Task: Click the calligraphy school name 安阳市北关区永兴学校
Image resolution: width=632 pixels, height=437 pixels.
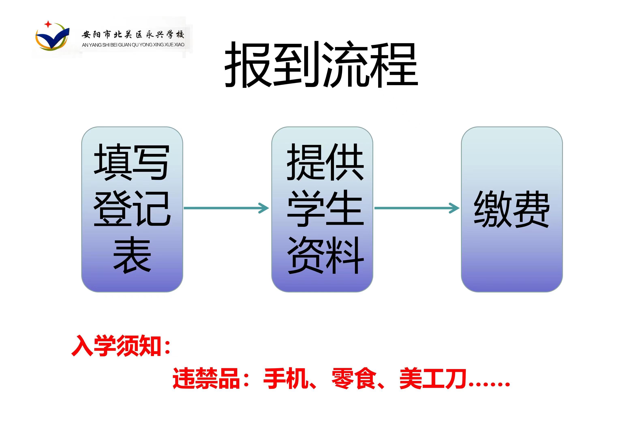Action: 133,35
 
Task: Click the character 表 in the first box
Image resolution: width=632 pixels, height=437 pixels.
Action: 132,255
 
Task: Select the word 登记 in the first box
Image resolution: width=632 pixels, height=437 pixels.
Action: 132,208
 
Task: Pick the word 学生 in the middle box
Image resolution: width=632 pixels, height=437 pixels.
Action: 325,208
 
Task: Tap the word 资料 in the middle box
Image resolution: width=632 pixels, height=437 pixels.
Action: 325,255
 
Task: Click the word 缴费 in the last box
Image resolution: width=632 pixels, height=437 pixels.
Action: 512,209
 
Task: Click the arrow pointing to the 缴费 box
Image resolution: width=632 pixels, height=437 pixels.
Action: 417,208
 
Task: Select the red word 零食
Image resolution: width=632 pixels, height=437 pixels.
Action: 354,378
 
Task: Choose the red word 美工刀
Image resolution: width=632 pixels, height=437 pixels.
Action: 433,378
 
